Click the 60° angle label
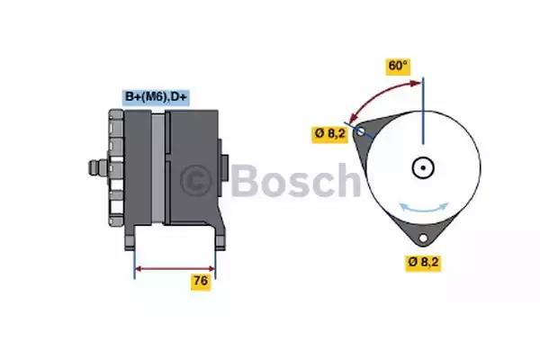(398, 66)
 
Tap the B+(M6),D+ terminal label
(156, 97)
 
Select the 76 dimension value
(201, 281)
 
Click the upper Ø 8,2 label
(330, 133)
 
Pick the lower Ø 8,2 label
(423, 262)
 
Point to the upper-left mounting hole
(360, 131)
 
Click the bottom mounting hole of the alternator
(423, 238)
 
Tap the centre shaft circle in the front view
(423, 167)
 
